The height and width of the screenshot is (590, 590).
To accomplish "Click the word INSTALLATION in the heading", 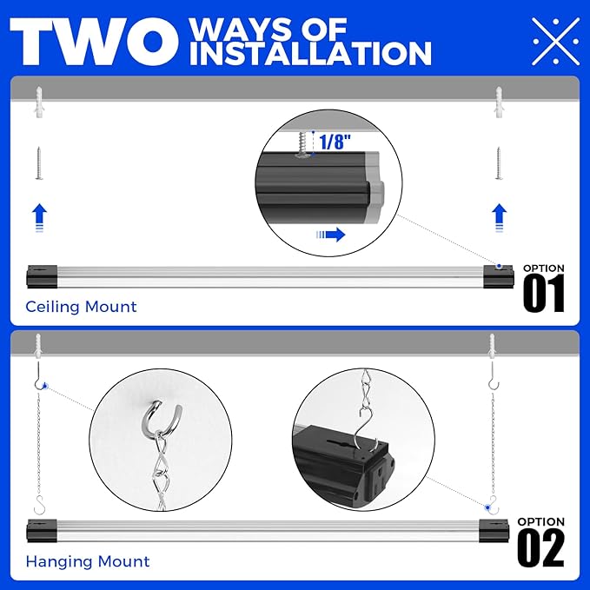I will pyautogui.click(x=310, y=54).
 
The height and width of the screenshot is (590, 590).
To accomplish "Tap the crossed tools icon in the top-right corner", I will pyautogui.click(x=555, y=40).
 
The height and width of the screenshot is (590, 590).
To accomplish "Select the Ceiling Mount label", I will pyautogui.click(x=81, y=307).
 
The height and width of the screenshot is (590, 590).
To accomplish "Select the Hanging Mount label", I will pyautogui.click(x=87, y=562).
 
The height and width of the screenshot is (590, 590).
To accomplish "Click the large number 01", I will pyautogui.click(x=543, y=295).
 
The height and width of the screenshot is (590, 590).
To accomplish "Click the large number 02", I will pyautogui.click(x=540, y=548).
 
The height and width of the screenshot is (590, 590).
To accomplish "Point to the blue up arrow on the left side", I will pyautogui.click(x=38, y=215).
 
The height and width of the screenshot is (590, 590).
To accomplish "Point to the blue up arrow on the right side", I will pyautogui.click(x=498, y=215).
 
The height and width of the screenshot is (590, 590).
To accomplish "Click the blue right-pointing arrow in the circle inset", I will pyautogui.click(x=331, y=235).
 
